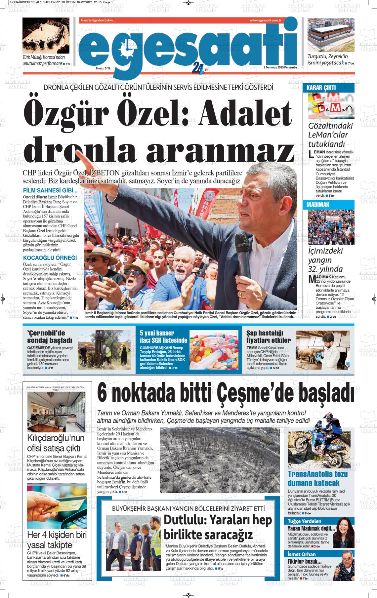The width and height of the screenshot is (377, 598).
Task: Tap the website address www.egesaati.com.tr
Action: (x=265, y=20)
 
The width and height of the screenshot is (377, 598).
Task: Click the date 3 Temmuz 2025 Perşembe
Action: (x=280, y=67)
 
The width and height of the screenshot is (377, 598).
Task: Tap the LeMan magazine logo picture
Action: (x=331, y=106)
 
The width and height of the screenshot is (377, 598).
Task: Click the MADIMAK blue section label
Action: (x=318, y=205)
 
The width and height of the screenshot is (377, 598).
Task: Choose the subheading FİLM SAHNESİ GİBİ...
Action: (x=50, y=190)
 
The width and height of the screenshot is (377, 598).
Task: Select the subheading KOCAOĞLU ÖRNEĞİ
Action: (x=50, y=258)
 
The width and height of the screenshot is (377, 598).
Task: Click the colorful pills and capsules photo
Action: (x=214, y=349)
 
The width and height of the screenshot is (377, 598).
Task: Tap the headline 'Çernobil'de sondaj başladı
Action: (x=49, y=337)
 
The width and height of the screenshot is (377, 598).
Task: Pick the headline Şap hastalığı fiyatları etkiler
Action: (x=269, y=337)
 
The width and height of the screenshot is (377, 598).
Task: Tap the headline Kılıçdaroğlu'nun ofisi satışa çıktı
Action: (x=56, y=443)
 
